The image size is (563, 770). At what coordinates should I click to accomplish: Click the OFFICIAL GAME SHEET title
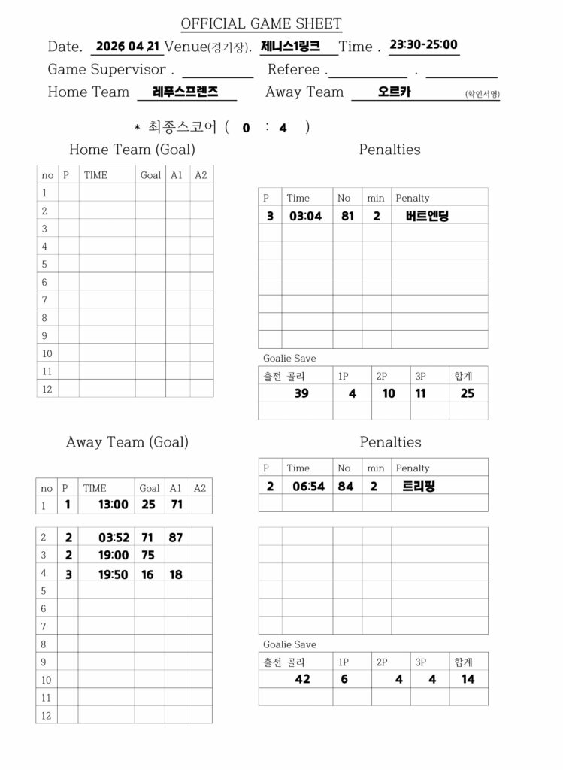261,24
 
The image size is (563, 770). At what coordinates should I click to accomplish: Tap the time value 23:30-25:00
423,44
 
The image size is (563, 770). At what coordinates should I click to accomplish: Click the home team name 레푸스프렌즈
185,92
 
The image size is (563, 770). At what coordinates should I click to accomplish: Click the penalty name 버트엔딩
422,216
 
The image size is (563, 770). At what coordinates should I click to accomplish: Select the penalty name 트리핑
419,486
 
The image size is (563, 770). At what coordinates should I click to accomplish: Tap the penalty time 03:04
306,216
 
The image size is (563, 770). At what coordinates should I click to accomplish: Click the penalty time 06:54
309,486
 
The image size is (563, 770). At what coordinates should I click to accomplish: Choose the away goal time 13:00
113,505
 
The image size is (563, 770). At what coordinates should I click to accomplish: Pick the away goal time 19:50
113,574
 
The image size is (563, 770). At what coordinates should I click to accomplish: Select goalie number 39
301,393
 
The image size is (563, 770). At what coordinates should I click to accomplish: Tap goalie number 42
302,678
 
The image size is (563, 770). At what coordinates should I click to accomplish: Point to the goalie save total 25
468,393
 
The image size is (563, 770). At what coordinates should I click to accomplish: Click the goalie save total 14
468,678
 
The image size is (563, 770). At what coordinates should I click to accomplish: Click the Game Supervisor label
106,70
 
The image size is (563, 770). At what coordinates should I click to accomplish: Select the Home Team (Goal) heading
132,150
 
